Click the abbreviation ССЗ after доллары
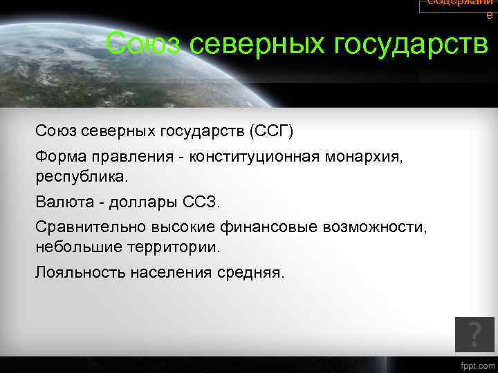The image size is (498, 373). point(201,202)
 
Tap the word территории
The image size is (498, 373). point(178,246)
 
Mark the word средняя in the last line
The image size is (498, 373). point(253,271)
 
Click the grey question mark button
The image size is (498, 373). point(474,334)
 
